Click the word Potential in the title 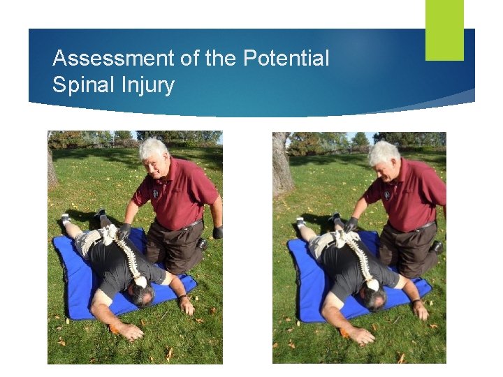point(286,59)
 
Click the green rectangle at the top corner point(444,29)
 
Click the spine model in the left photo point(126,251)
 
